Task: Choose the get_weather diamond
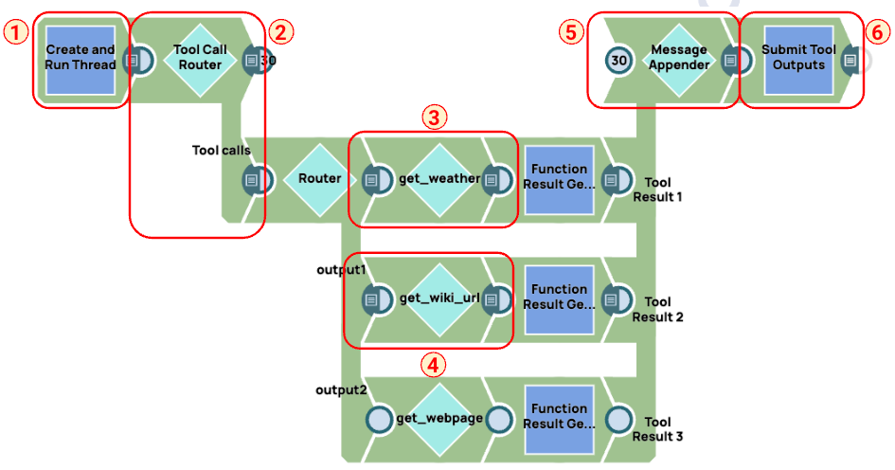pos(439,178)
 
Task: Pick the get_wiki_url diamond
pos(439,298)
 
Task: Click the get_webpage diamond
pos(439,418)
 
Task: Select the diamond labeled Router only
pos(319,178)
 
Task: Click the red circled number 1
pos(15,31)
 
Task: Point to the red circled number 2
pos(279,31)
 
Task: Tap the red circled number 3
pos(434,117)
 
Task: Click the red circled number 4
pos(434,363)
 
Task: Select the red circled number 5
pos(570,31)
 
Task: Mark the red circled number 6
pos(876,31)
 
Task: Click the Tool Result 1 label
pos(657,189)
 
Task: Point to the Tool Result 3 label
pos(657,429)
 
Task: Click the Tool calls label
pos(222,150)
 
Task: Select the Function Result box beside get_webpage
pos(559,418)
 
